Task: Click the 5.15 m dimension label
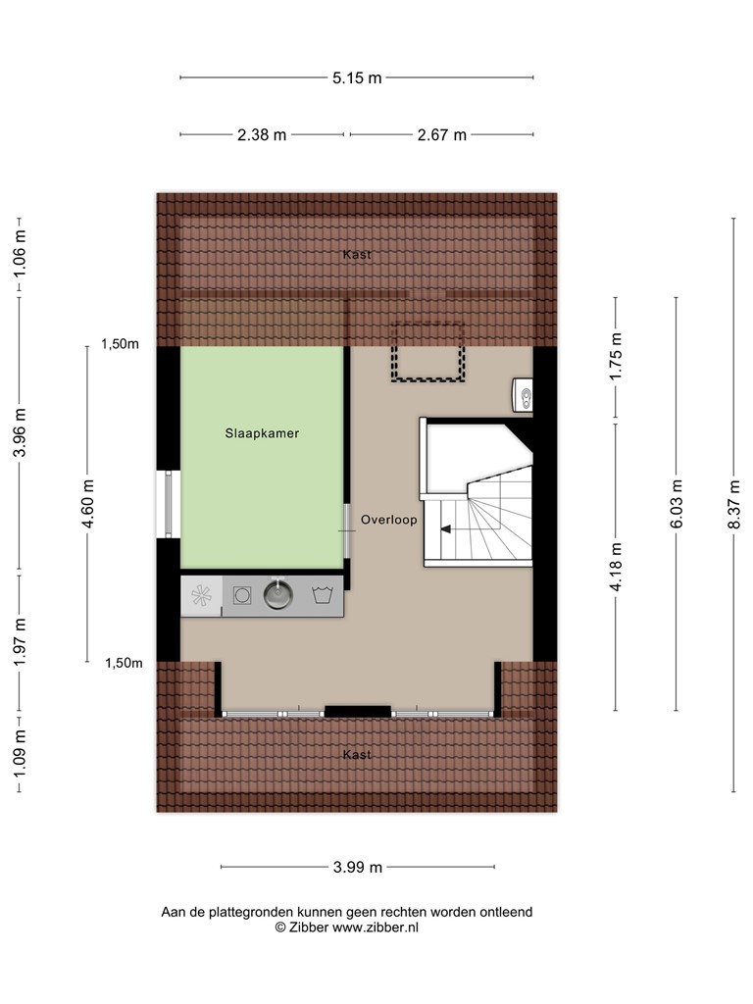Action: point(357,78)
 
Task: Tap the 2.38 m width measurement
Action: point(262,135)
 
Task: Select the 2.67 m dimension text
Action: point(442,135)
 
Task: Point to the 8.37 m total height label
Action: point(733,504)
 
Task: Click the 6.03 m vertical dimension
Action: point(677,504)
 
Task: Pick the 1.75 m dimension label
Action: point(616,357)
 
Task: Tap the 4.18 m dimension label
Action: point(616,567)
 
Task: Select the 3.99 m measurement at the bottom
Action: point(357,867)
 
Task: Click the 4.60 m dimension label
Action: point(87,504)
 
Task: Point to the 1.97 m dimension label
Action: point(20,641)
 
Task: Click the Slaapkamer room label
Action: point(262,433)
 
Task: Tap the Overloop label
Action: point(388,520)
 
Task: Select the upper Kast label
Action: point(357,254)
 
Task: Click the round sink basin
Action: point(277,595)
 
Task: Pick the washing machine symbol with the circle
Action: point(242,596)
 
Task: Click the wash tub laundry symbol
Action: point(322,595)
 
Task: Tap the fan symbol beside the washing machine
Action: point(201,596)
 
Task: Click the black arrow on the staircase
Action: point(446,528)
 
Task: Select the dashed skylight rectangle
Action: point(427,352)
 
